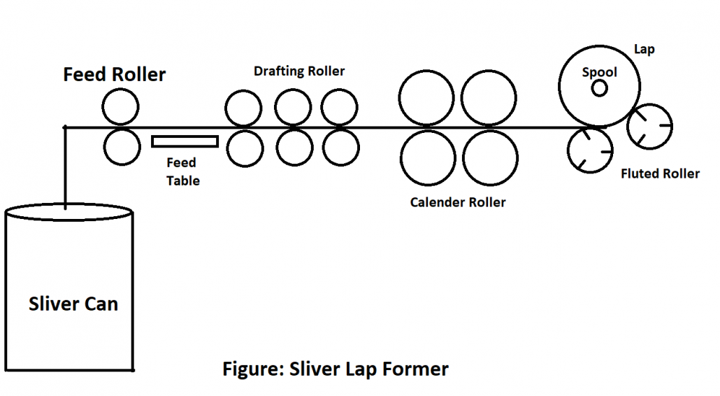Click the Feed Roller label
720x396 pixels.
[x=115, y=75]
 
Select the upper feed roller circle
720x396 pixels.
[x=120, y=108]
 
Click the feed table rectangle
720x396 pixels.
[x=185, y=141]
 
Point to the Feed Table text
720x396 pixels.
[x=182, y=171]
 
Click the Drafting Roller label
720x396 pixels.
[x=299, y=71]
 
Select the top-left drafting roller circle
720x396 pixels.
[x=243, y=108]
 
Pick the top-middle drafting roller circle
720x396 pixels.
[x=292, y=107]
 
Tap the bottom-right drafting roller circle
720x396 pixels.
[x=340, y=147]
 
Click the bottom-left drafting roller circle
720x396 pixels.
[x=243, y=148]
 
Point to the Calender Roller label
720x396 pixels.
[x=458, y=203]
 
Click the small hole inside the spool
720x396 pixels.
[x=599, y=87]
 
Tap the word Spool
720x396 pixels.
[x=600, y=72]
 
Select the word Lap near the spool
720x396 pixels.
[x=644, y=50]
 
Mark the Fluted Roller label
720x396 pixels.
[x=660, y=174]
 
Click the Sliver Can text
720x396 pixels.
[x=73, y=304]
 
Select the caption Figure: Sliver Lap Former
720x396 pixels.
[x=336, y=368]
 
